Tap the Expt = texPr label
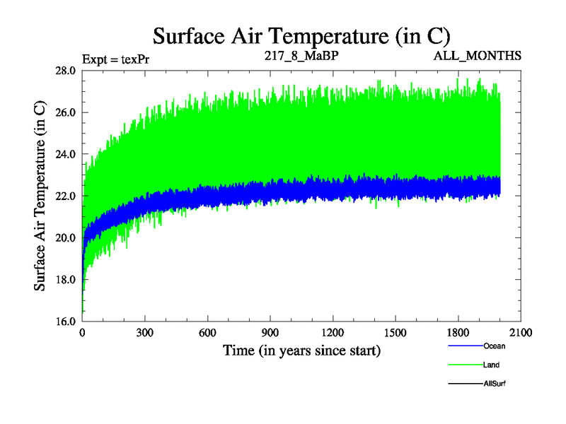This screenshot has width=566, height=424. (115, 58)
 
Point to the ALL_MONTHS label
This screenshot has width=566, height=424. (478, 54)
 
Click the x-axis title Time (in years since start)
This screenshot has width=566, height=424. (302, 350)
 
